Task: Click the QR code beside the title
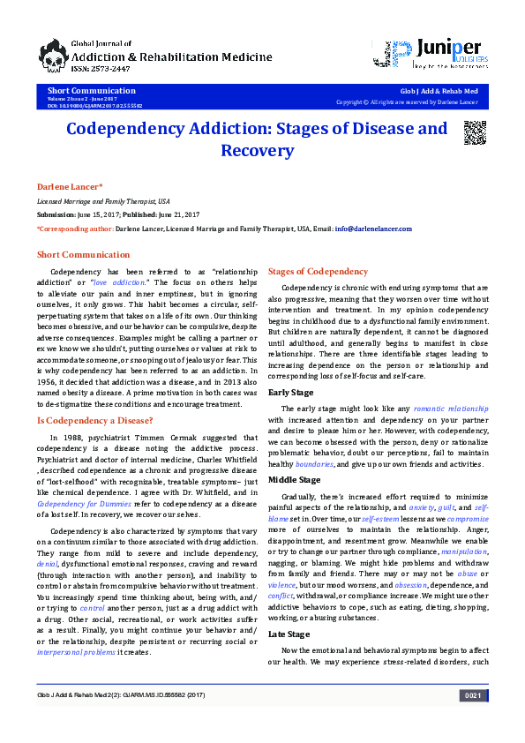pyautogui.click(x=476, y=131)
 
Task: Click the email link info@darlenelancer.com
pyautogui.click(x=375, y=229)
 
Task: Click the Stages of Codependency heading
pyautogui.click(x=319, y=271)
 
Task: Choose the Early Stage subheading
pyautogui.click(x=290, y=391)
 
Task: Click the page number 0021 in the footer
pyautogui.click(x=473, y=720)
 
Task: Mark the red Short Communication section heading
pyautogui.click(x=83, y=255)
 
